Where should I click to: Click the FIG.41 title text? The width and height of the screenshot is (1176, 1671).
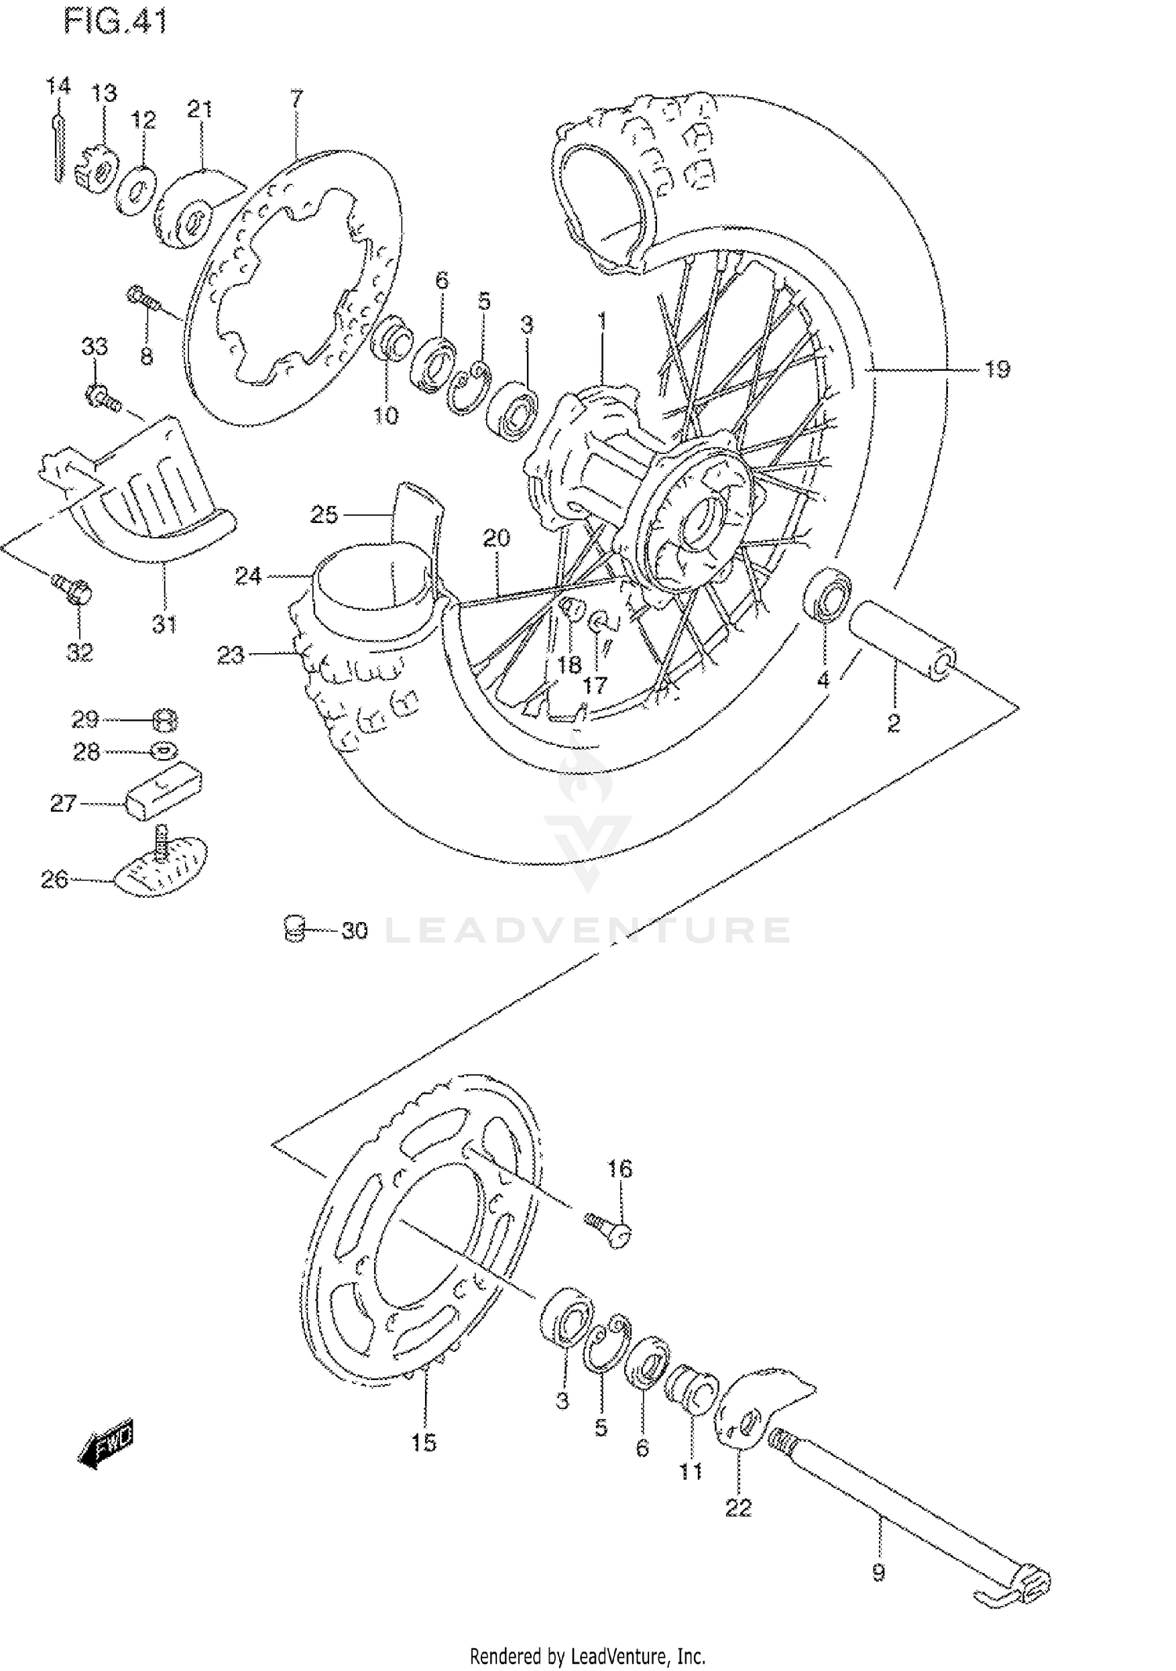[x=115, y=21]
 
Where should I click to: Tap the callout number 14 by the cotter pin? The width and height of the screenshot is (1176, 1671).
[x=57, y=85]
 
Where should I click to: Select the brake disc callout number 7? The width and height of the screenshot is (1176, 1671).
[x=296, y=99]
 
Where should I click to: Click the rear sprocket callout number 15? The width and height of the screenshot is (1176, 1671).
[x=423, y=1442]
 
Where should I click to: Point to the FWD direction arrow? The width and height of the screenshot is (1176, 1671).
[x=107, y=1440]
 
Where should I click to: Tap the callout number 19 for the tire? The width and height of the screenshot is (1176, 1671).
[x=996, y=369]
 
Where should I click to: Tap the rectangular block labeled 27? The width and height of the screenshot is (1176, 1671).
[x=164, y=790]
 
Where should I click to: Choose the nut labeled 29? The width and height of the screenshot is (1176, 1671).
[x=164, y=719]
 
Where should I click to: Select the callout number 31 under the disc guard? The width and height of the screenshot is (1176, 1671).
[x=164, y=625]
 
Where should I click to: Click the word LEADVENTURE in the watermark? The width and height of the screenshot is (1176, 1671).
[x=588, y=930]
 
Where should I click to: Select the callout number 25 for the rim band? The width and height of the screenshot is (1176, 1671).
[x=324, y=514]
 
